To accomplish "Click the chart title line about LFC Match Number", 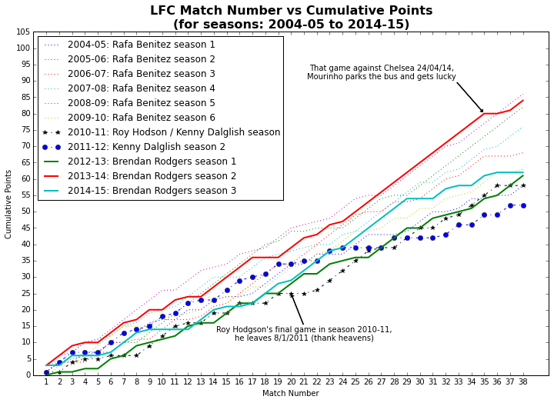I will coord(291,11).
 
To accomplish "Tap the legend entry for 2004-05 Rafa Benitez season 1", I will coord(141,45).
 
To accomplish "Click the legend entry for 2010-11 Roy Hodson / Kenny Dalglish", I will coord(173,132).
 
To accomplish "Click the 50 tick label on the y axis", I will coord(25,212).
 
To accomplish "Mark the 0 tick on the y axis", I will coord(28,375).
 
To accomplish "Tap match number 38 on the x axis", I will coord(523,382).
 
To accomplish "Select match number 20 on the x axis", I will coord(291,382).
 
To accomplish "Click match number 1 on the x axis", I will coord(46,382).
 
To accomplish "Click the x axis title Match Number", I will coord(291,394).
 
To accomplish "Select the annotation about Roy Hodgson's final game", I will coord(304,334).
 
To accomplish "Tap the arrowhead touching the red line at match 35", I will coord(482,112).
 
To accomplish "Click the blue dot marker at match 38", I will coord(523,205).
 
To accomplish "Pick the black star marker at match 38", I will coord(523,185).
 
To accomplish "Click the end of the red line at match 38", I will coord(523,100).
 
